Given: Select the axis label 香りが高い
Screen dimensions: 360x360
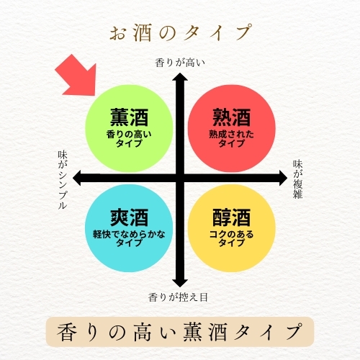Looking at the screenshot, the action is [180, 63].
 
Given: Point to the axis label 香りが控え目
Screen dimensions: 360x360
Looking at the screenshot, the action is [178, 297].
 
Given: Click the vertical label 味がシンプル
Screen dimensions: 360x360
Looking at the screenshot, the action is [63, 180].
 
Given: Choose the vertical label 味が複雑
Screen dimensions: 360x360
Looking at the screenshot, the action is [297, 179].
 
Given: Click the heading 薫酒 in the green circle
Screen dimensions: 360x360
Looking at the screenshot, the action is [129, 117].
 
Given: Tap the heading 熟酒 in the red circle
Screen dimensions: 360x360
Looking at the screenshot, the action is [232, 117].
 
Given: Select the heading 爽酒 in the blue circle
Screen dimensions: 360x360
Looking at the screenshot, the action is [129, 217].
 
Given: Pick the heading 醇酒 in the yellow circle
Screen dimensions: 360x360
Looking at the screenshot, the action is [232, 217].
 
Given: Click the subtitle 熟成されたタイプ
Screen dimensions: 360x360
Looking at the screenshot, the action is [231, 139].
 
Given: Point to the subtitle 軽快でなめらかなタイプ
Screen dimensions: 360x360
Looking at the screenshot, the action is [129, 238].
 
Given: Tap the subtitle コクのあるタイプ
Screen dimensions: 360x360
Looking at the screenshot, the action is [231, 238].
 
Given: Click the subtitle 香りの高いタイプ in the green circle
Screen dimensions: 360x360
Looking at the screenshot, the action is [129, 139].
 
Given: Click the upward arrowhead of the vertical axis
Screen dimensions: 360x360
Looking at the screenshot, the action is [180, 77].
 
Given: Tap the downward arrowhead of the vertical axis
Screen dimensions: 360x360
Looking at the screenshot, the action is [180, 283].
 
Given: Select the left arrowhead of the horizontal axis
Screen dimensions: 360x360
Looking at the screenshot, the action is [77, 178].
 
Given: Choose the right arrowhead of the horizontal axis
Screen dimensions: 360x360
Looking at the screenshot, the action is [283, 178].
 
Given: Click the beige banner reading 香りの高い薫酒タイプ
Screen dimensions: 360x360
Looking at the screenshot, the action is [180, 332].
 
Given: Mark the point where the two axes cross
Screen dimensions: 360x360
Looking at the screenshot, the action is [180, 178].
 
